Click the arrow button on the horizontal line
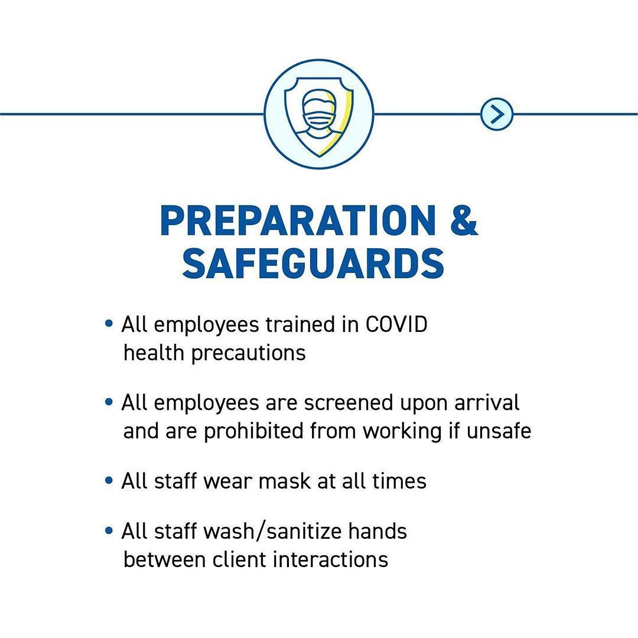pos(496,115)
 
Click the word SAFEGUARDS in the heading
pos(313,263)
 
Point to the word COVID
pos(396,325)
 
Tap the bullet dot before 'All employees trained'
pos(109,324)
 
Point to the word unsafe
pos(499,431)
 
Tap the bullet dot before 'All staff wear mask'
pos(109,480)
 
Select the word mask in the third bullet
pos(284,481)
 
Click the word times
pos(399,481)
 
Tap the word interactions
pos(331,559)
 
